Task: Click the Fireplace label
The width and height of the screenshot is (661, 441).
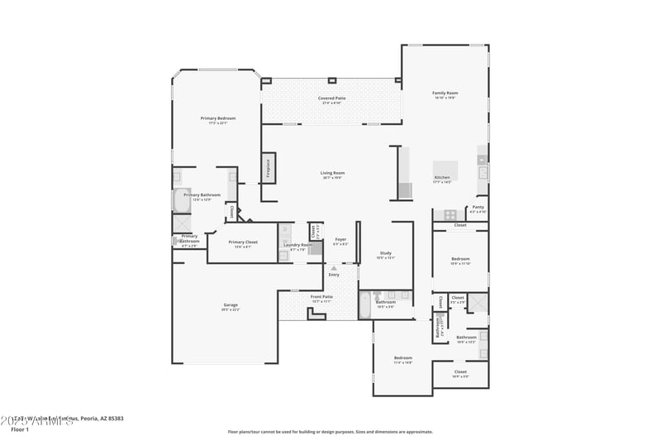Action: pos(268,168)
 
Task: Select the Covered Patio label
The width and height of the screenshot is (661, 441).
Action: pos(332,99)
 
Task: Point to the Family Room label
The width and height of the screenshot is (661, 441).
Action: pos(445,94)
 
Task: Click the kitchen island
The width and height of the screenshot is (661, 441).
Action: pos(445,169)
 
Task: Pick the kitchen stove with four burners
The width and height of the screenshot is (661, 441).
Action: pos(450,214)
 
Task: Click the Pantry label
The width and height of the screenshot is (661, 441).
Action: pos(478,209)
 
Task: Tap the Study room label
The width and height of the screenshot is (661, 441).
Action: pos(386,255)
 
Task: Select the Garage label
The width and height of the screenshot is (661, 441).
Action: pos(231,306)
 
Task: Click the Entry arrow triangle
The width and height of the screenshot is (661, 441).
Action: pos(334,268)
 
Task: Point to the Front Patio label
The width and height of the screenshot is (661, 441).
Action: pos(321,298)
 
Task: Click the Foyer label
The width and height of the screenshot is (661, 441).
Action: pos(340,241)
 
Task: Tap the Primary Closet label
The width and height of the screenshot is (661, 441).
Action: pos(241,243)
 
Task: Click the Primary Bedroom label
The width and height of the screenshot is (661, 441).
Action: pos(218,120)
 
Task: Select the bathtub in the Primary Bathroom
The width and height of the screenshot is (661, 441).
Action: pos(181,200)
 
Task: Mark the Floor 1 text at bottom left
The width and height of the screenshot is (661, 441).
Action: pos(20,429)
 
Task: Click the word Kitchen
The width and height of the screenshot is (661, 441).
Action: pos(442,178)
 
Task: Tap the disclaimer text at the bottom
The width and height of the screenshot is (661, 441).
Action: pos(330,431)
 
